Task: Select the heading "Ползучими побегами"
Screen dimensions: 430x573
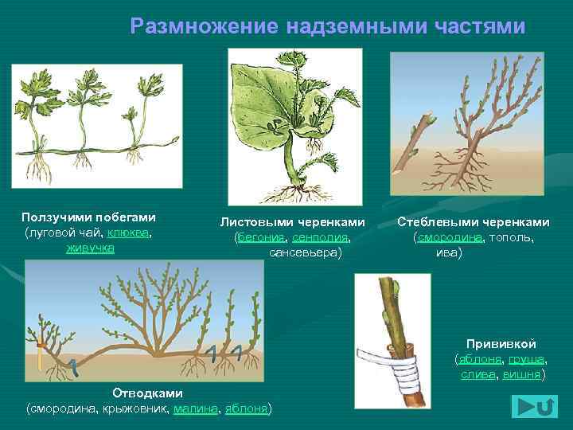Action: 88,217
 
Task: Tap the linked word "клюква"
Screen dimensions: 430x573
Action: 130,233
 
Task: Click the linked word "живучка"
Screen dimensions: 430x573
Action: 90,248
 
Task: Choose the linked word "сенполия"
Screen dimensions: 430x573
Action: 320,237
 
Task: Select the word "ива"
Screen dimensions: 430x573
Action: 448,252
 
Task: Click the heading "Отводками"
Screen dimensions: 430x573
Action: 147,393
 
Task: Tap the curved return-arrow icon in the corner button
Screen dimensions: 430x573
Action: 545,407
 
